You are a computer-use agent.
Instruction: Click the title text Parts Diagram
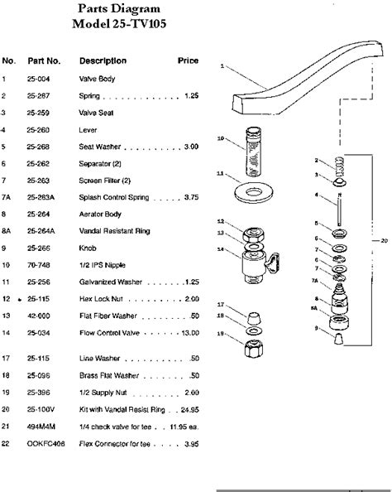tap(116, 9)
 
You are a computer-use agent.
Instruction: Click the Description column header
tap(103, 61)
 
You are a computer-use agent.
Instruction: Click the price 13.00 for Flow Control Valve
tap(189, 334)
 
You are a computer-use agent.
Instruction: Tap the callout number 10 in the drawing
tap(220, 138)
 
